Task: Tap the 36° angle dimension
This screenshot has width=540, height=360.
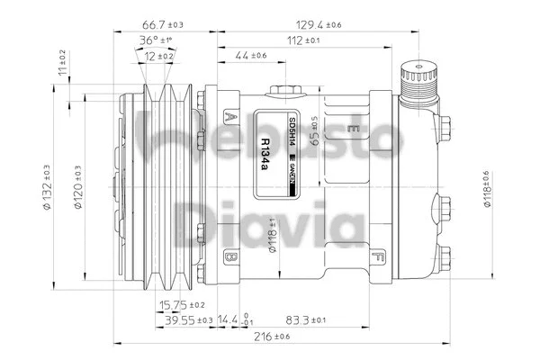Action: [155, 40]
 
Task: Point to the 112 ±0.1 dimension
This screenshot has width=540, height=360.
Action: [301, 40]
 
